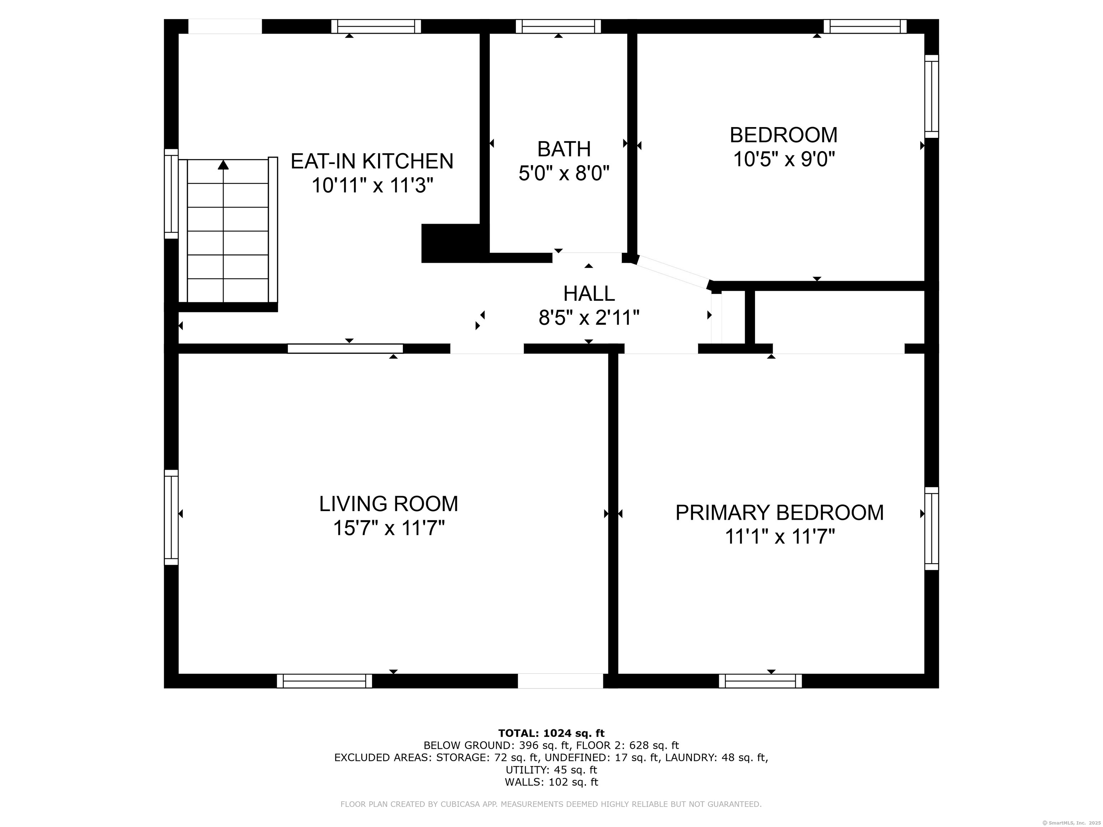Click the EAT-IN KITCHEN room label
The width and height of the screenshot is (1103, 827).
click(372, 162)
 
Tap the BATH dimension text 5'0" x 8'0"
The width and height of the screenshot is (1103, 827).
click(564, 173)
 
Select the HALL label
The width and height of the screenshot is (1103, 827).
click(589, 294)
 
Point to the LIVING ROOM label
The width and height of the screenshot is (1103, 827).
click(388, 504)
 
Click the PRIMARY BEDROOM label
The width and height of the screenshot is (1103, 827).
click(779, 513)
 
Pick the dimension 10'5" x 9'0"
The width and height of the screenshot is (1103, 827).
click(783, 159)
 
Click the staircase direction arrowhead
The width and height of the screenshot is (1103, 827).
click(223, 164)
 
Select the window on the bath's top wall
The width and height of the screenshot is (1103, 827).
click(558, 27)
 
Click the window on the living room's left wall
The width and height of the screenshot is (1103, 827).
click(171, 517)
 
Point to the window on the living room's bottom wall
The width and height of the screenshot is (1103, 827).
click(324, 681)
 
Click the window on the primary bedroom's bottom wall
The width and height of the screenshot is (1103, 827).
click(760, 681)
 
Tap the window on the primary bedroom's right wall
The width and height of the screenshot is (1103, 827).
click(931, 528)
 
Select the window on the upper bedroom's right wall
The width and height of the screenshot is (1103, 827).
click(931, 96)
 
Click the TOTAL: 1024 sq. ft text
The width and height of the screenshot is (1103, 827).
click(551, 733)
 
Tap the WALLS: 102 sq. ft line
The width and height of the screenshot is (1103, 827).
click(551, 782)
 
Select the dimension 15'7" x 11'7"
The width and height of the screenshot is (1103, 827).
click(388, 528)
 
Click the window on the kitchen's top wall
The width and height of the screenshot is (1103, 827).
click(376, 27)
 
